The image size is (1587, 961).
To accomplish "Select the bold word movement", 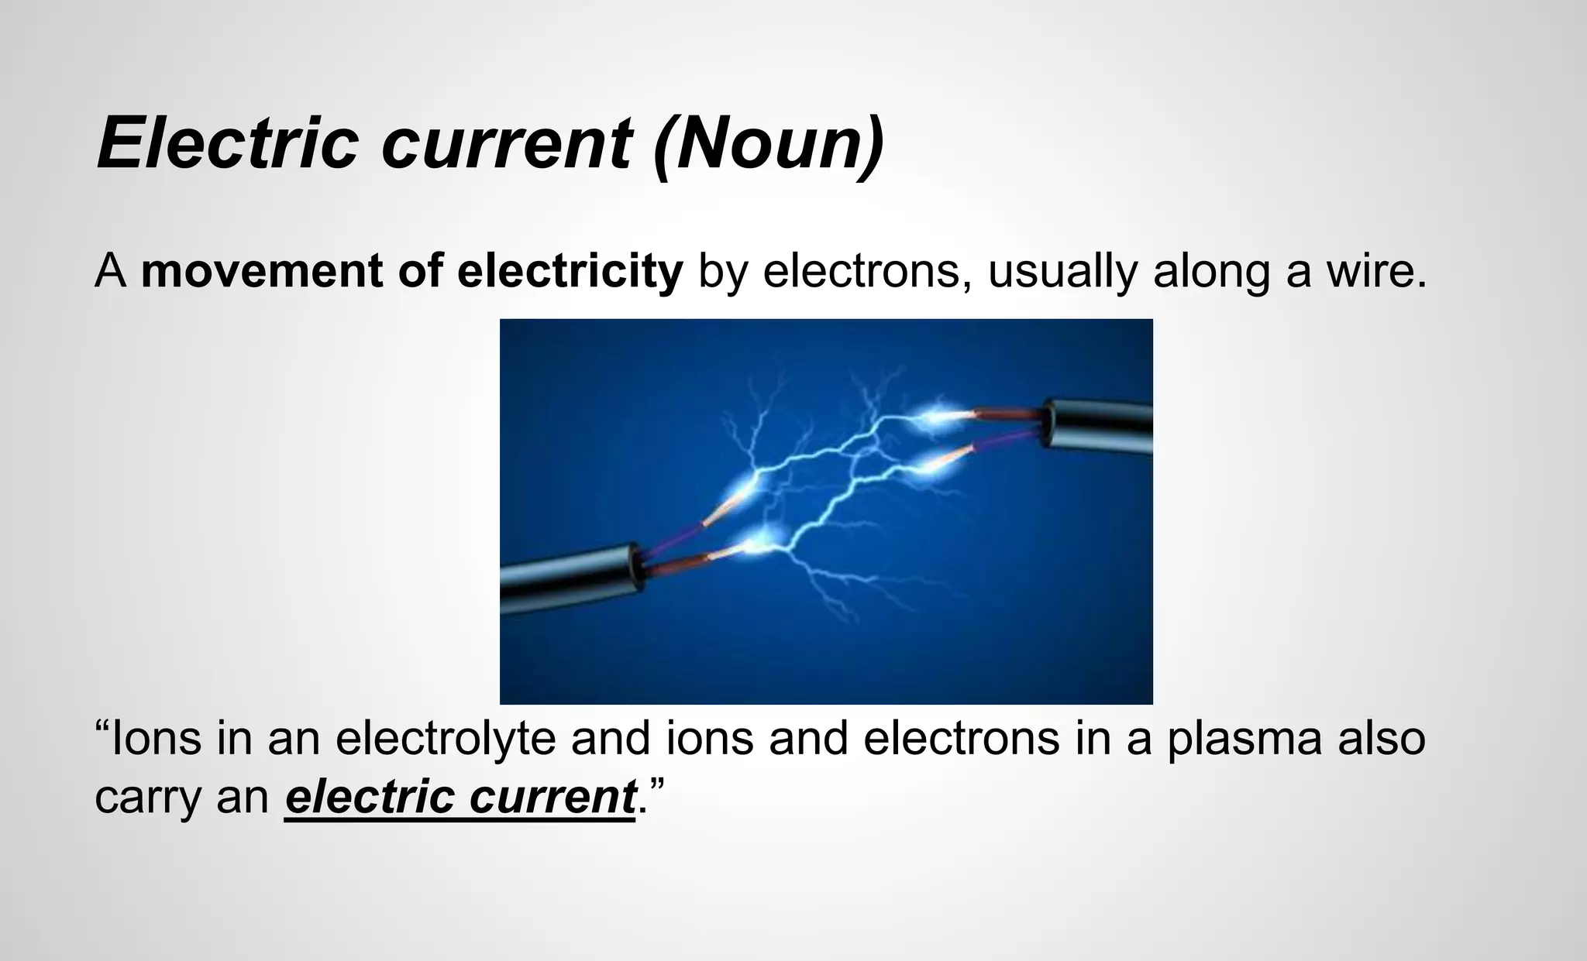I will coord(262,272).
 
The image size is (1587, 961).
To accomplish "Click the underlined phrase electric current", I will coord(460,798).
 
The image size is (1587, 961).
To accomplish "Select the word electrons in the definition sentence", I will coord(860,272).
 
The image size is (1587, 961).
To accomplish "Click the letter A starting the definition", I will coord(110,272).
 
